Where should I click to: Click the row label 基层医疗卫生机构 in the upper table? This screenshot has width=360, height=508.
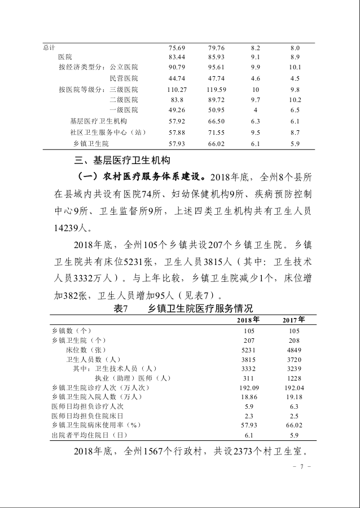98,121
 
